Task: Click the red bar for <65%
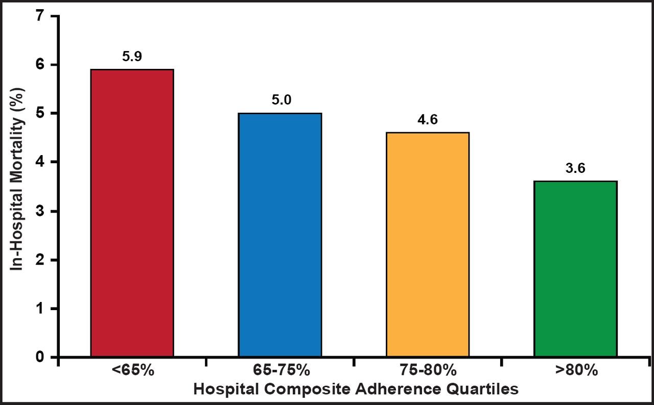point(132,213)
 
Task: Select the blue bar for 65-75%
point(280,235)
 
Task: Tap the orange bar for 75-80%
point(428,244)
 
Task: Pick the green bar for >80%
point(575,269)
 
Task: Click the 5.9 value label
point(132,56)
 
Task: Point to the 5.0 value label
point(281,100)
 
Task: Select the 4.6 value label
point(428,119)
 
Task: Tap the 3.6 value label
point(575,168)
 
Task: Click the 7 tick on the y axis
point(39,16)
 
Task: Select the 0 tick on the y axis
point(39,357)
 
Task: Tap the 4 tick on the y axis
point(39,162)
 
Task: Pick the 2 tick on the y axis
point(39,260)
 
